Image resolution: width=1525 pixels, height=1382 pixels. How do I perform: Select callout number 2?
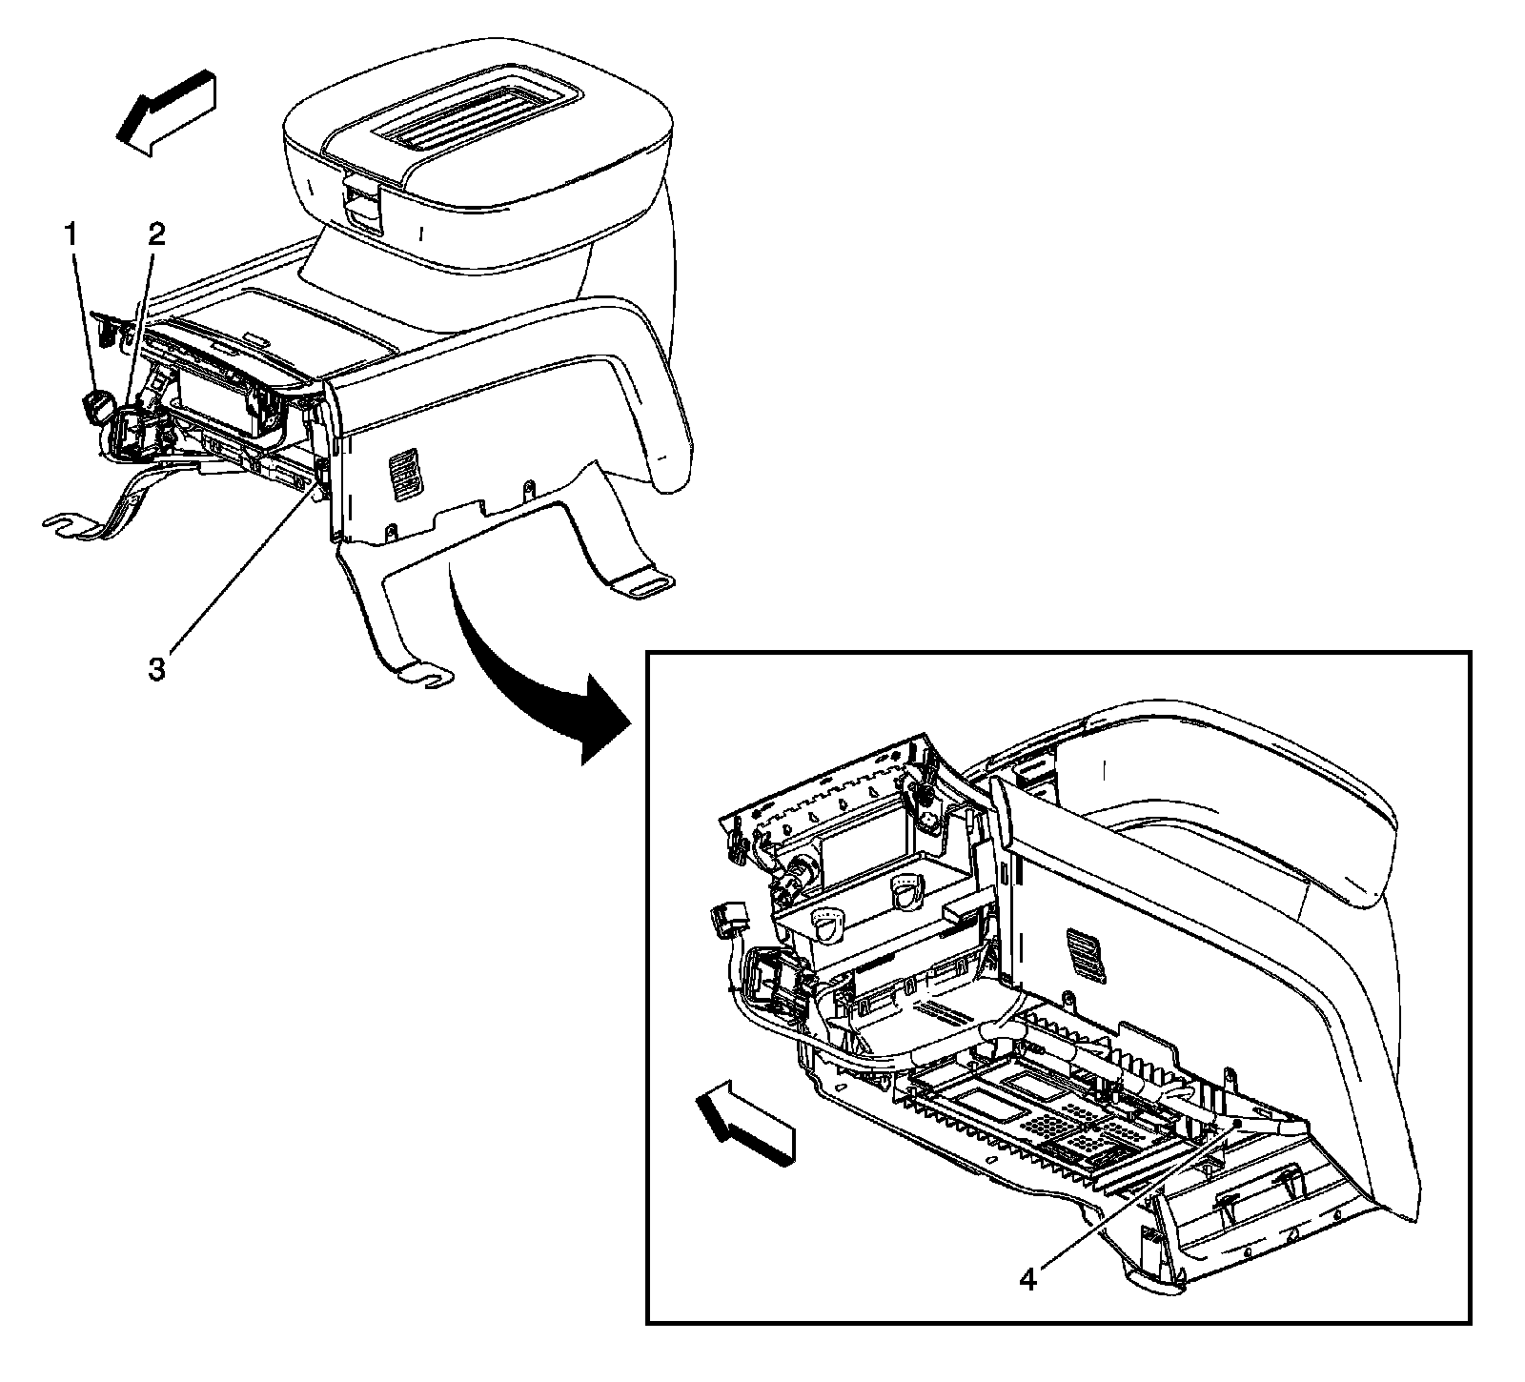point(154,234)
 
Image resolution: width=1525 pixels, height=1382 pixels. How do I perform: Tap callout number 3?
point(156,668)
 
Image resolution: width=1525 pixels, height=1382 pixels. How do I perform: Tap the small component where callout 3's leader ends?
point(321,472)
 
